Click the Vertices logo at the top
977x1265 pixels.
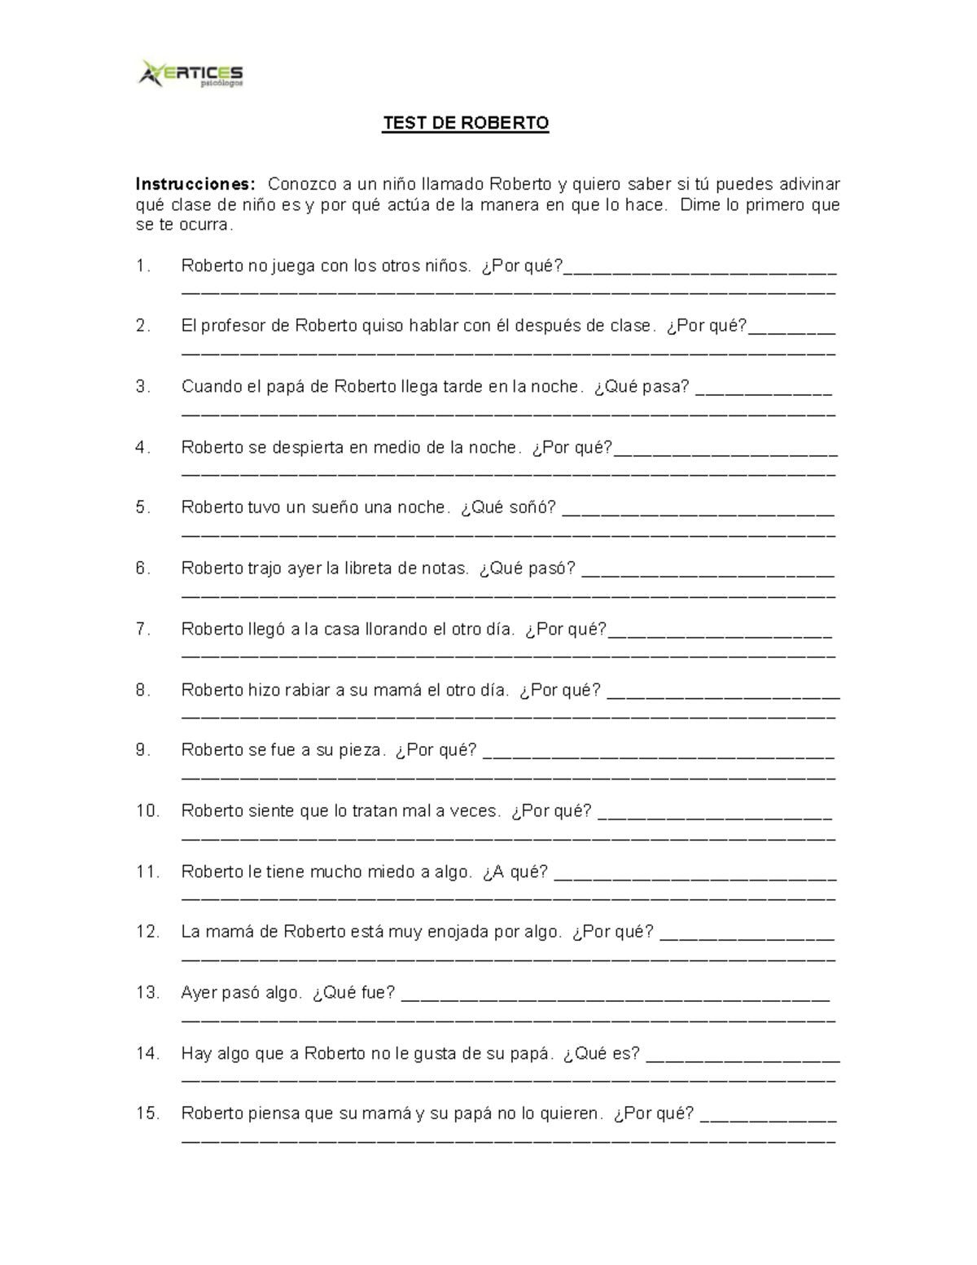(x=191, y=73)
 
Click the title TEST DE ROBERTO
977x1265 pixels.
(x=466, y=123)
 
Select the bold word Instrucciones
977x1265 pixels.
(x=195, y=184)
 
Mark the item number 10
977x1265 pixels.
(x=147, y=810)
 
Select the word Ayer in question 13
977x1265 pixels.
(x=200, y=992)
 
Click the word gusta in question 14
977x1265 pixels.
(x=436, y=1053)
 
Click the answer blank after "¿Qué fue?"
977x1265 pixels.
(x=616, y=996)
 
